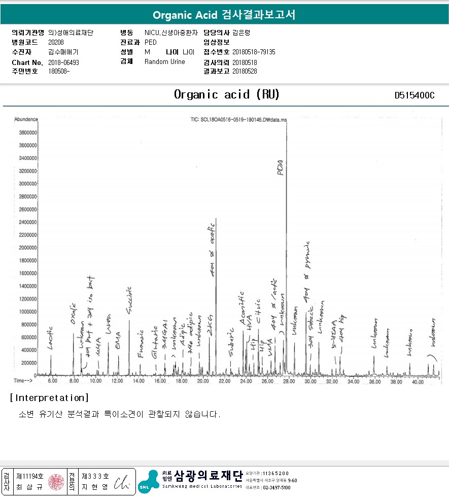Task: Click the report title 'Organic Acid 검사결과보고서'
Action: point(224,15)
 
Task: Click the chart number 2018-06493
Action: point(63,62)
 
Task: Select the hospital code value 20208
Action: point(56,42)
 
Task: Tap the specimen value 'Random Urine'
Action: point(165,62)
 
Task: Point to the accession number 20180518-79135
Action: point(254,52)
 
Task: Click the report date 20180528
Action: point(245,72)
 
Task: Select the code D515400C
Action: point(415,95)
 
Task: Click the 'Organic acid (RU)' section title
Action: point(227,94)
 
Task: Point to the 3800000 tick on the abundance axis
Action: point(27,132)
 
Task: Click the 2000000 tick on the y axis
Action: point(27,248)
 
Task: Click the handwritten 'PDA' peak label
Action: point(281,168)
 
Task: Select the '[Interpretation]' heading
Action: point(49,397)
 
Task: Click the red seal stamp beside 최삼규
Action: point(56,481)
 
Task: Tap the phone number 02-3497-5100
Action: point(276,487)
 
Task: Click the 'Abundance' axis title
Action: point(26,119)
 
